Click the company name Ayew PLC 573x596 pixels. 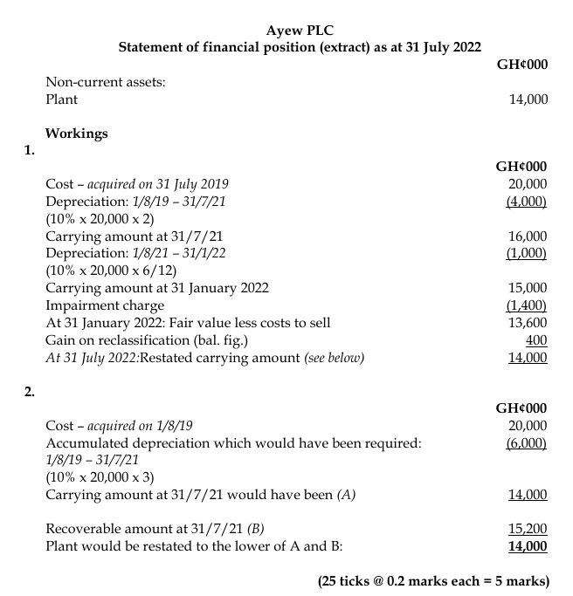coord(300,30)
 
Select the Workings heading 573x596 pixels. coord(77,134)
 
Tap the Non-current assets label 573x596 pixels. coord(106,82)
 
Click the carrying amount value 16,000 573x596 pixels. coord(528,236)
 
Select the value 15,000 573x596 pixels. coord(528,287)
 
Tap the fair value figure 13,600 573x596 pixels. coord(528,322)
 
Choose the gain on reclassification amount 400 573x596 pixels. coord(536,339)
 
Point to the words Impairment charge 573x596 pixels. coord(105,305)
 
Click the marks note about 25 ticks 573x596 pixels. coord(433,580)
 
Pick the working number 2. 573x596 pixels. coord(30,391)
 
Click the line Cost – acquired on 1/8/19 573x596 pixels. coord(119,426)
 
